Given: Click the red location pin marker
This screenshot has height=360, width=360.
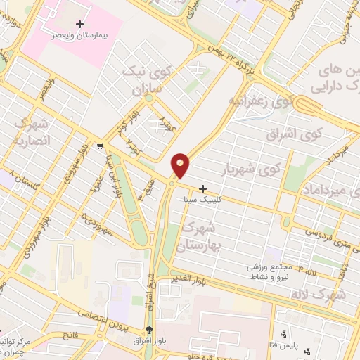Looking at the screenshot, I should coord(181,165).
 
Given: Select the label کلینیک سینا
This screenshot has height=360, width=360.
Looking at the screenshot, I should coord(202,200).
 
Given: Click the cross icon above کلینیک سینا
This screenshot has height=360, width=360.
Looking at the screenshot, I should coord(202,189).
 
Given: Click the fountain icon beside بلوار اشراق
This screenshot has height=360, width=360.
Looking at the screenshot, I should coord(149,330).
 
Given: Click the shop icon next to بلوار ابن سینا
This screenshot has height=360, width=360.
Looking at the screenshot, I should coord(101,147).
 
